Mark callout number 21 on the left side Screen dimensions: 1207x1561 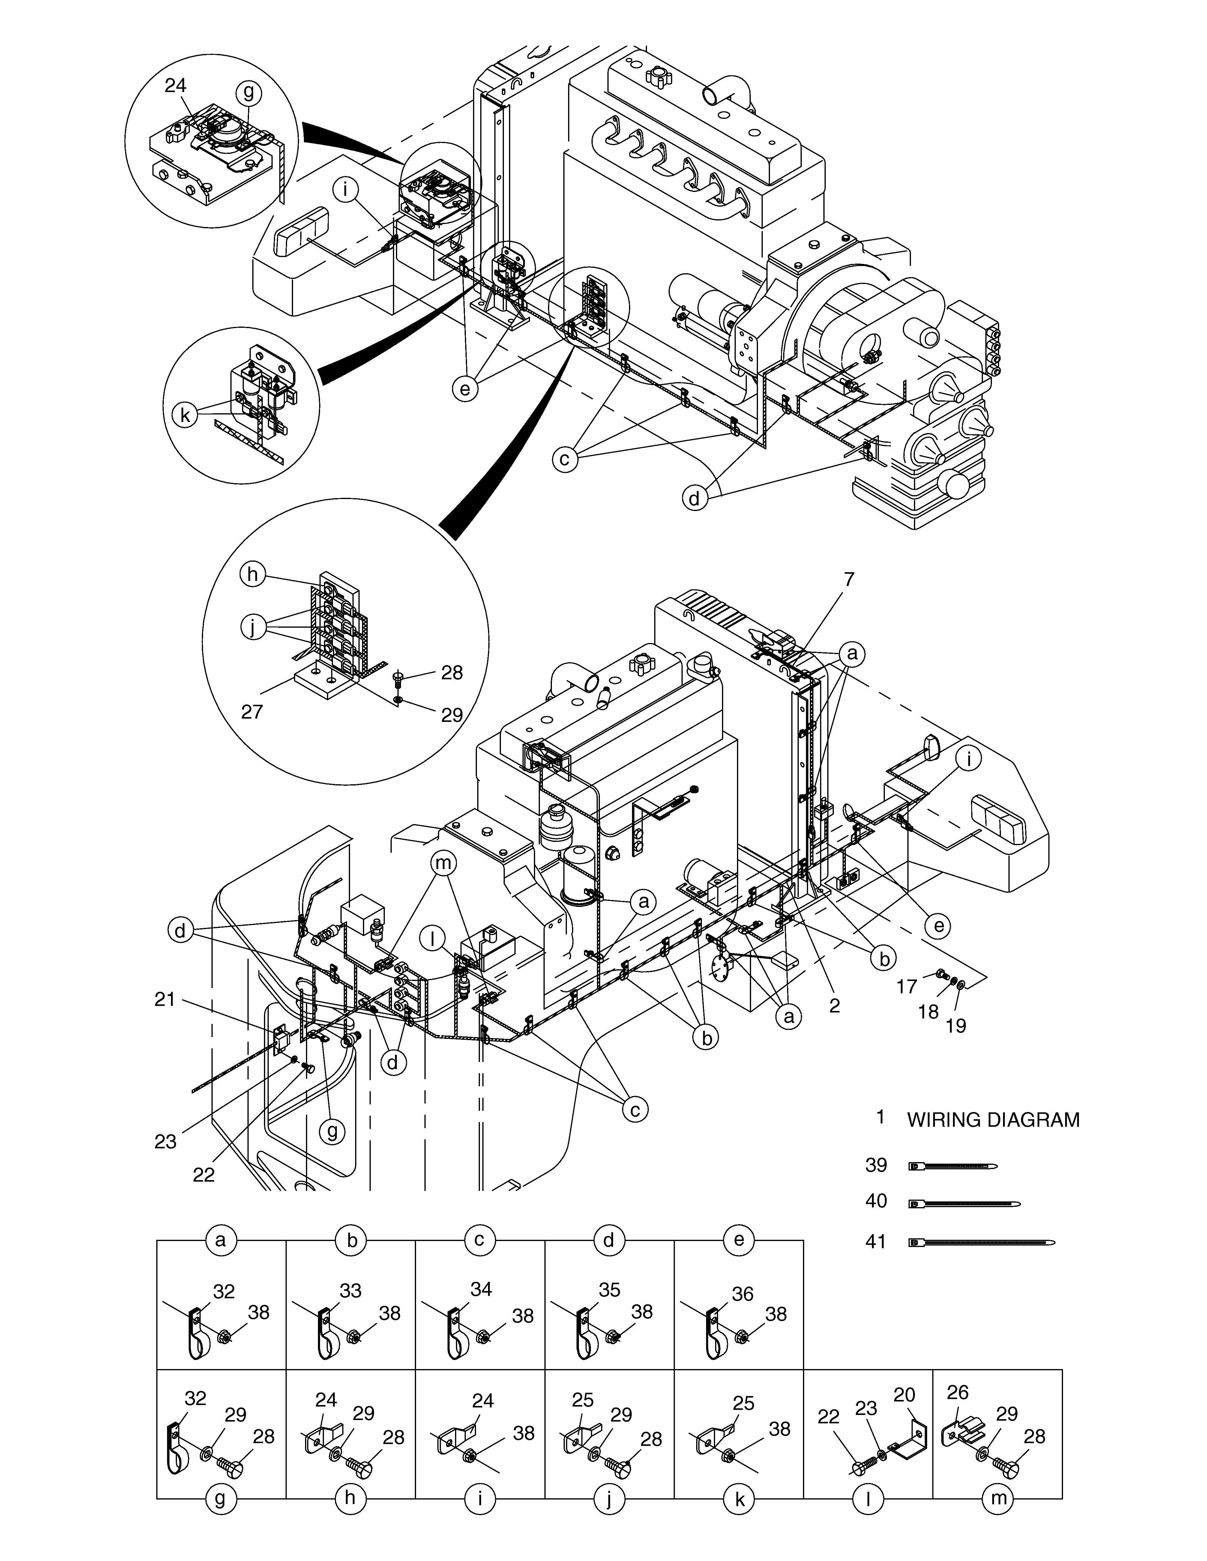[x=165, y=999]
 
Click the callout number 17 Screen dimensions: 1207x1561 [x=907, y=986]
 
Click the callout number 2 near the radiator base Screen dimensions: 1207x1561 [x=834, y=1006]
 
